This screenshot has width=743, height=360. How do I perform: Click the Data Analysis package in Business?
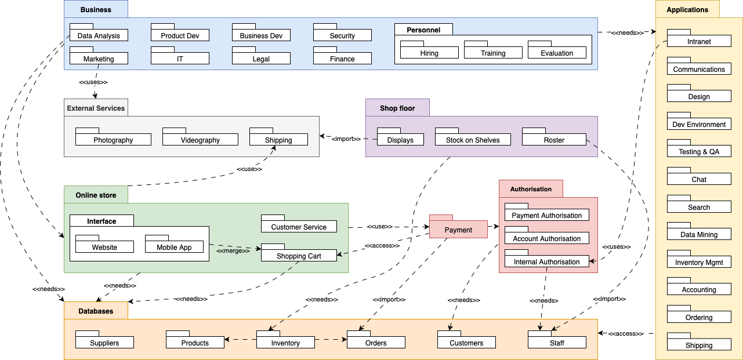(x=99, y=35)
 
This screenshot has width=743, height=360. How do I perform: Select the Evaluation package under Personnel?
(x=557, y=53)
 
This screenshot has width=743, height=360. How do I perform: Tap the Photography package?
(x=113, y=140)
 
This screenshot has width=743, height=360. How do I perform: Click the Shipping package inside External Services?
(x=278, y=140)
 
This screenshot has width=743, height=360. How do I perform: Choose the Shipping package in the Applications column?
(x=699, y=345)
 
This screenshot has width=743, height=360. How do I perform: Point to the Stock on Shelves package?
(x=473, y=140)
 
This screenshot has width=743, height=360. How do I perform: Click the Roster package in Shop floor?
(x=554, y=140)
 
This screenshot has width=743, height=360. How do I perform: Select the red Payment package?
(x=458, y=230)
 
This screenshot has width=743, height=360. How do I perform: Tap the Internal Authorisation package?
(x=546, y=261)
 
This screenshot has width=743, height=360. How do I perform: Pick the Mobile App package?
(x=174, y=247)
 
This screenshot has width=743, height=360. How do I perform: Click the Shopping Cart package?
(x=299, y=256)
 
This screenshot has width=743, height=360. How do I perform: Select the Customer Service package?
(x=299, y=227)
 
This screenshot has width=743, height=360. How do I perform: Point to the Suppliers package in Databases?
(x=104, y=343)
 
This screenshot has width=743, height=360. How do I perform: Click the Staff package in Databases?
(x=557, y=343)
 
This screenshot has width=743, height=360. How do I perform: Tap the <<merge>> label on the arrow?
(x=229, y=251)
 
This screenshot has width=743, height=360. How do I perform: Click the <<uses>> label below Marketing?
(x=93, y=82)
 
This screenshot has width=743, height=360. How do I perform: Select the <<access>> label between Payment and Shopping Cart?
(x=382, y=246)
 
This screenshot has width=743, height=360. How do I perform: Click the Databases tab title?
(x=96, y=311)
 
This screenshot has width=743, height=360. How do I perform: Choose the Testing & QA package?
(x=699, y=151)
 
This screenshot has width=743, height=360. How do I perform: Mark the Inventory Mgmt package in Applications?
(x=699, y=262)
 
